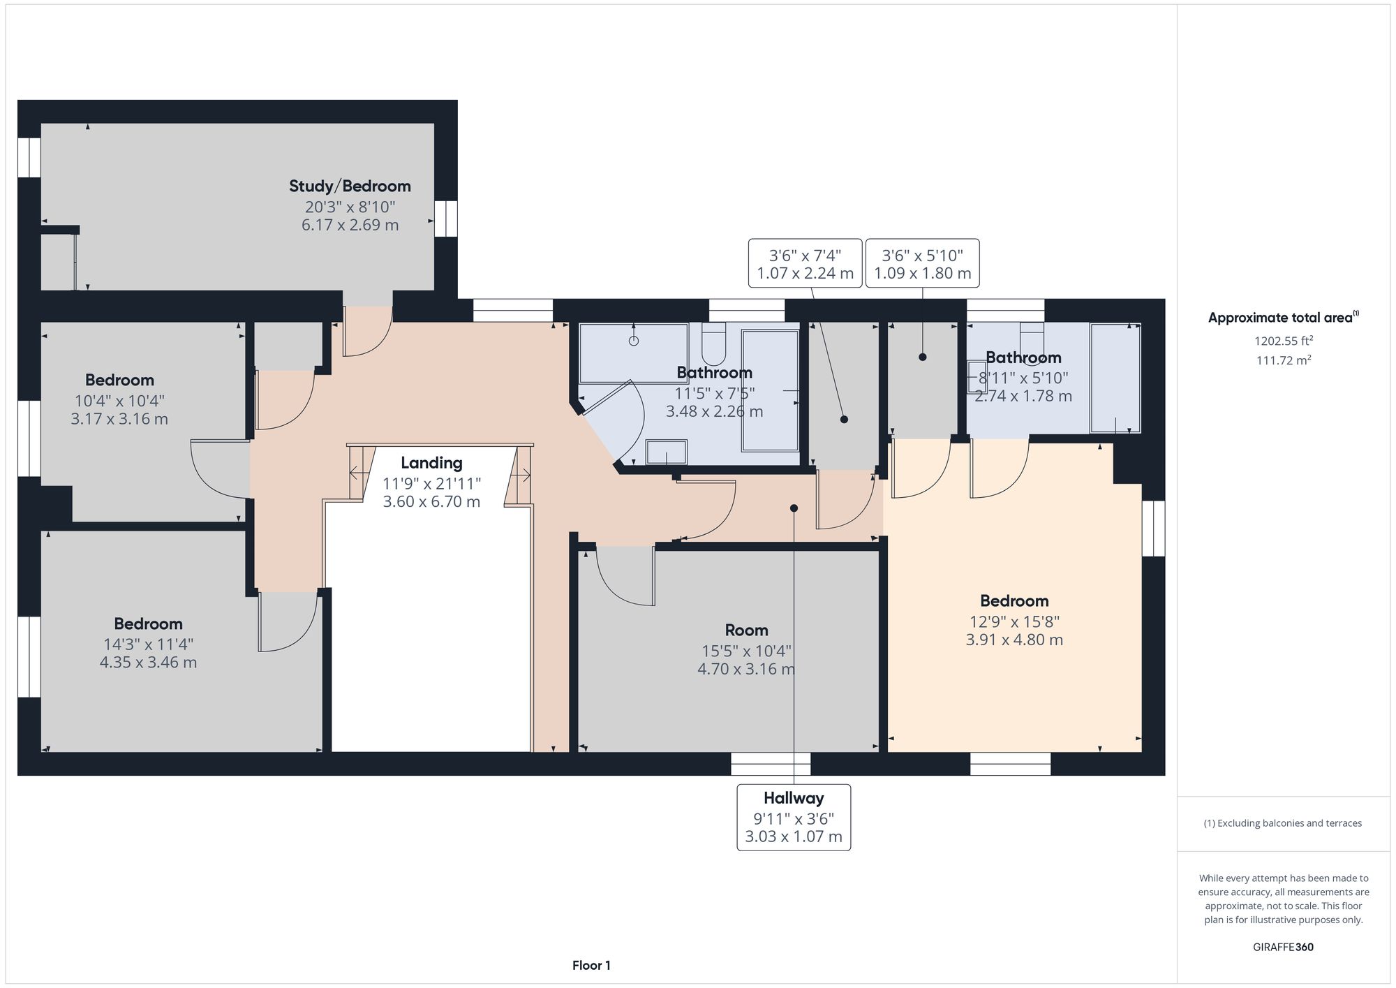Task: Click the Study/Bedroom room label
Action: click(350, 186)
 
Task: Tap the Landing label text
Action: click(431, 463)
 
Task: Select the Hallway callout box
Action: click(794, 817)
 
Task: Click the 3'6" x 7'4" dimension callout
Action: click(805, 264)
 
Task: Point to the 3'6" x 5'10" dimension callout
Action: click(922, 264)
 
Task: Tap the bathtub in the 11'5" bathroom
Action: click(770, 390)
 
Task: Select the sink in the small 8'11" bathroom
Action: click(976, 378)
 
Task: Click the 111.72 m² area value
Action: click(1283, 360)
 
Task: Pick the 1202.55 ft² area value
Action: click(1283, 341)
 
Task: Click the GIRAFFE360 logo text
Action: click(1283, 948)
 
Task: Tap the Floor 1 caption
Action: click(591, 966)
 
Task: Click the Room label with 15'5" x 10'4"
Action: click(746, 631)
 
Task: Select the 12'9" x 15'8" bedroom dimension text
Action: click(1013, 621)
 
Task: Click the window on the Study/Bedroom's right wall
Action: click(445, 219)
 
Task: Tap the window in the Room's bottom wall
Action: click(771, 764)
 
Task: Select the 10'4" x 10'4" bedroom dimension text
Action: click(119, 401)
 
